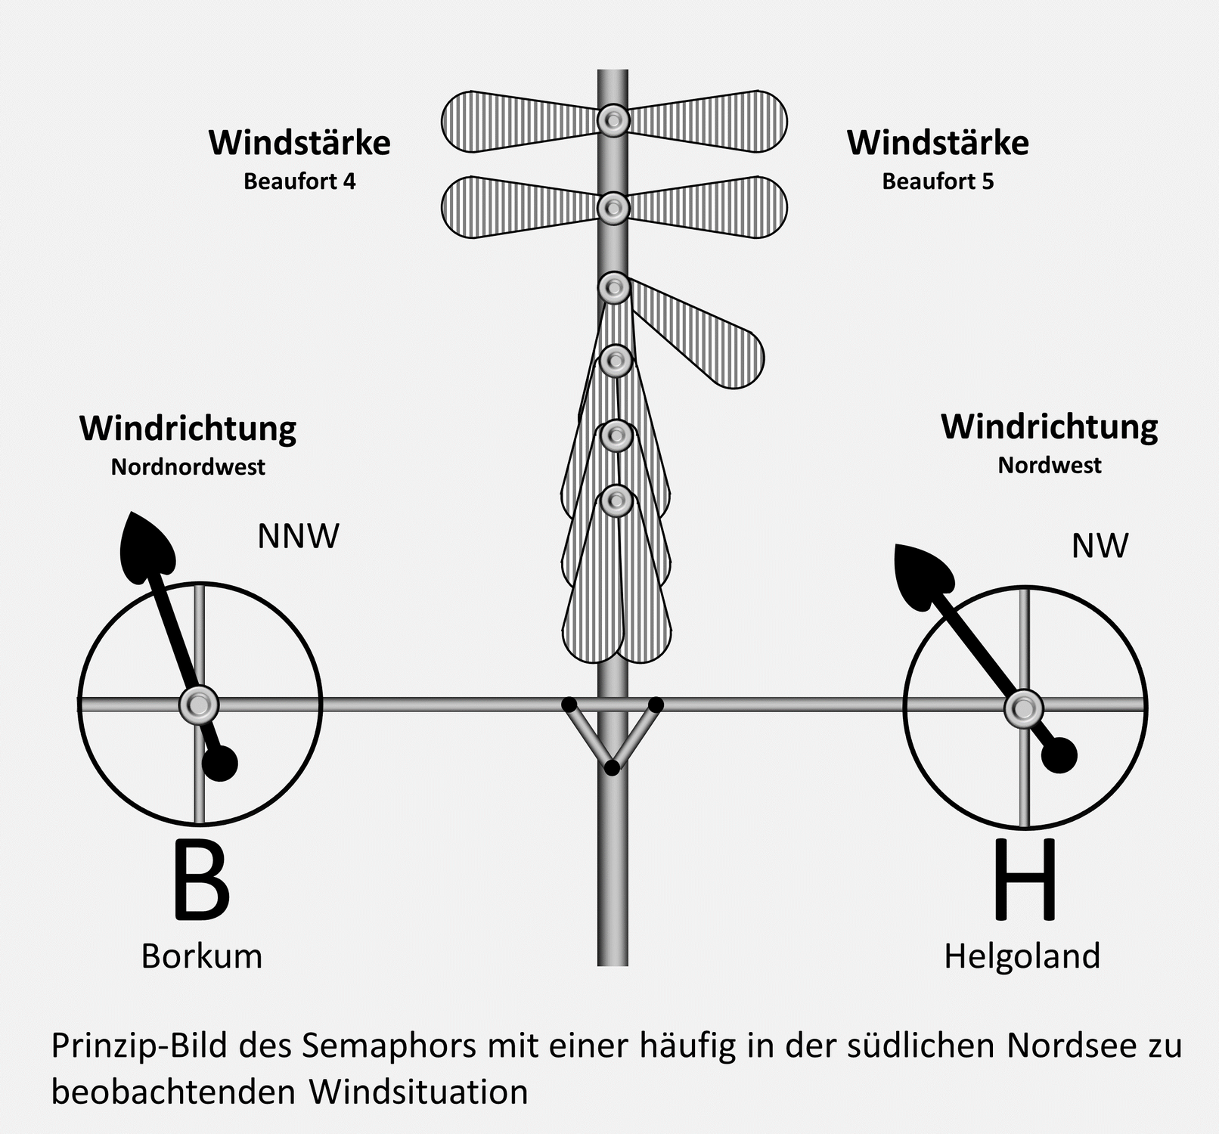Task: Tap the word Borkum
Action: coord(201,956)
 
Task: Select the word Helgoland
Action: coord(1022,956)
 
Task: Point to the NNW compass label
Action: coord(298,537)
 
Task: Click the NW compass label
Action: coord(1100,546)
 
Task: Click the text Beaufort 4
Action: coord(299,182)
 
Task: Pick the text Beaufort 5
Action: coord(938,182)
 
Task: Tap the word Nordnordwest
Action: coord(188,467)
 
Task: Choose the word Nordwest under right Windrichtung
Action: coord(1050,465)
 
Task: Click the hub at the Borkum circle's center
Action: coord(199,705)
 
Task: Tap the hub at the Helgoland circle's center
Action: coord(1024,708)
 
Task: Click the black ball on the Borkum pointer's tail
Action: coord(221,764)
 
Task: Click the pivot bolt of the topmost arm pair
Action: coord(613,120)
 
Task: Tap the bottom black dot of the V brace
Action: coord(613,768)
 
